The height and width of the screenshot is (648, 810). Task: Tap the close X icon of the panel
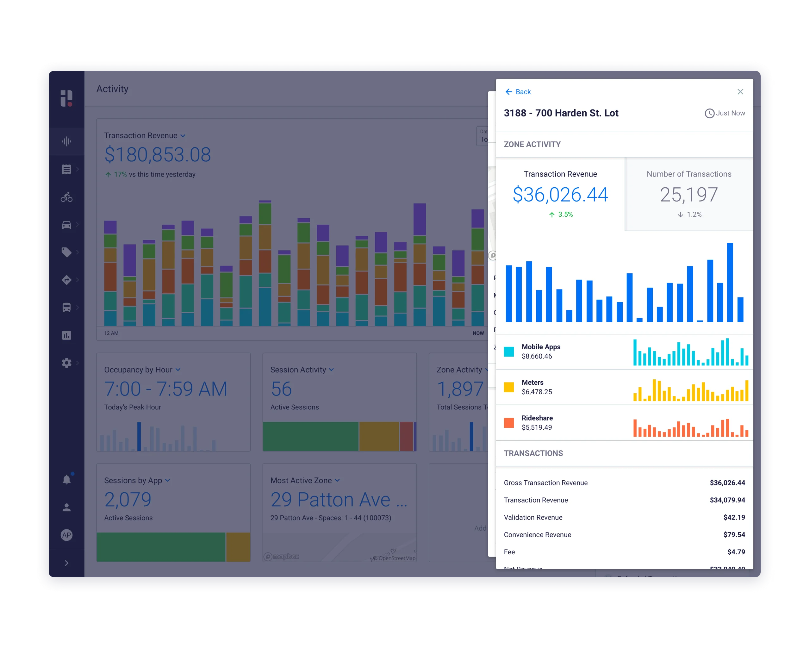(740, 92)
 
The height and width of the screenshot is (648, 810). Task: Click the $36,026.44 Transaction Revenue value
(560, 195)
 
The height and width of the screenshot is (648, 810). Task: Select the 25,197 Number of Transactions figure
(688, 195)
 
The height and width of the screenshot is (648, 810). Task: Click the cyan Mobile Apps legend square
(509, 352)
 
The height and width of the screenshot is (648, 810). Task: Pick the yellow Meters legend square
(509, 387)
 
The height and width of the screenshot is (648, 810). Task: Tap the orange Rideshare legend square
(509, 423)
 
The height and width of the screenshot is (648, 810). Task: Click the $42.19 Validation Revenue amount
(734, 517)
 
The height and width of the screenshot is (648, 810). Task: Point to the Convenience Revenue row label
(537, 534)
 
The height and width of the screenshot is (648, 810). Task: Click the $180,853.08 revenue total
(158, 154)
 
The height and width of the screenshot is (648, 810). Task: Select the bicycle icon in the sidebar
(66, 197)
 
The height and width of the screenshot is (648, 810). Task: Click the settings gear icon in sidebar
(66, 363)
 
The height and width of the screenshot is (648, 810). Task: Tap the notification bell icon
(66, 480)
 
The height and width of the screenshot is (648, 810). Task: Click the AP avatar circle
(66, 535)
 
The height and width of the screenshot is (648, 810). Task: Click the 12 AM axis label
(111, 333)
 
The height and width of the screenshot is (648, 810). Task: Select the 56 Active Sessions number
(281, 389)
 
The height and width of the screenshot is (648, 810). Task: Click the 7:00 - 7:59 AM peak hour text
(166, 389)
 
